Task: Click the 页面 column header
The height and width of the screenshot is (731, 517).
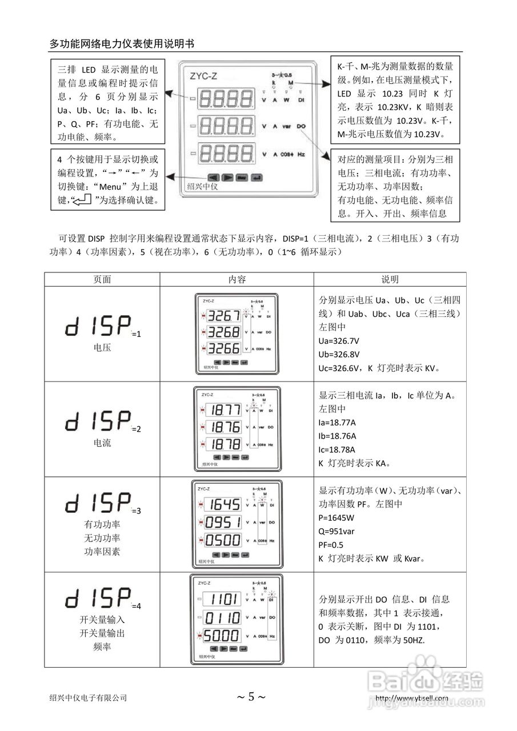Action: click(x=102, y=279)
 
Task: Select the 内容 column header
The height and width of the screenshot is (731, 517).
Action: click(x=237, y=279)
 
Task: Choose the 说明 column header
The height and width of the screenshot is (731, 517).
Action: click(x=390, y=279)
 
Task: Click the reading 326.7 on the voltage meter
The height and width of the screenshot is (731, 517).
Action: click(x=224, y=316)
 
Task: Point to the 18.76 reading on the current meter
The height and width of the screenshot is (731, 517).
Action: click(x=224, y=427)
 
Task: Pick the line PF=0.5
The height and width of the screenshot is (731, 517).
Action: click(x=331, y=544)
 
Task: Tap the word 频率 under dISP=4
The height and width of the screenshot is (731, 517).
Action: click(x=102, y=646)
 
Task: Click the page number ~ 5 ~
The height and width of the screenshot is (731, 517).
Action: click(x=251, y=697)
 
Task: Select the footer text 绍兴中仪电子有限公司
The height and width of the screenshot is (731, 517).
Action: click(x=88, y=697)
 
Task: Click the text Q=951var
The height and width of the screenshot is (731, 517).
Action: click(x=338, y=531)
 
